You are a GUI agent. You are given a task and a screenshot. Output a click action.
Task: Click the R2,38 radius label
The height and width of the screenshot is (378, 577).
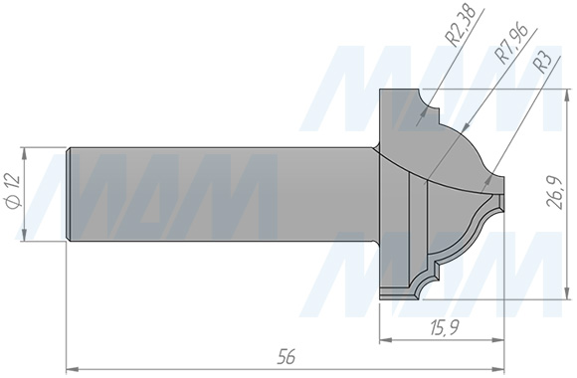click(460, 25)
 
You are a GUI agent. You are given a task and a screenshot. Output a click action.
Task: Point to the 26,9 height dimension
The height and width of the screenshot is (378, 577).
click(556, 193)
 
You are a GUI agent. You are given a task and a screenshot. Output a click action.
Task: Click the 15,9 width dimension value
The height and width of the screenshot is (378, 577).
click(444, 327)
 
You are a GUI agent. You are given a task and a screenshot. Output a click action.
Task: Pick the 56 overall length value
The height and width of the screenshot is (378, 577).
click(287, 356)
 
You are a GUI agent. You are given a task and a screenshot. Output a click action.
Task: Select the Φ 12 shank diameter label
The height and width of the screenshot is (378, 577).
click(14, 192)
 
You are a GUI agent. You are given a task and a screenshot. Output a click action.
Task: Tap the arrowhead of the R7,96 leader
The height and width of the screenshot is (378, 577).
click(465, 127)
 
